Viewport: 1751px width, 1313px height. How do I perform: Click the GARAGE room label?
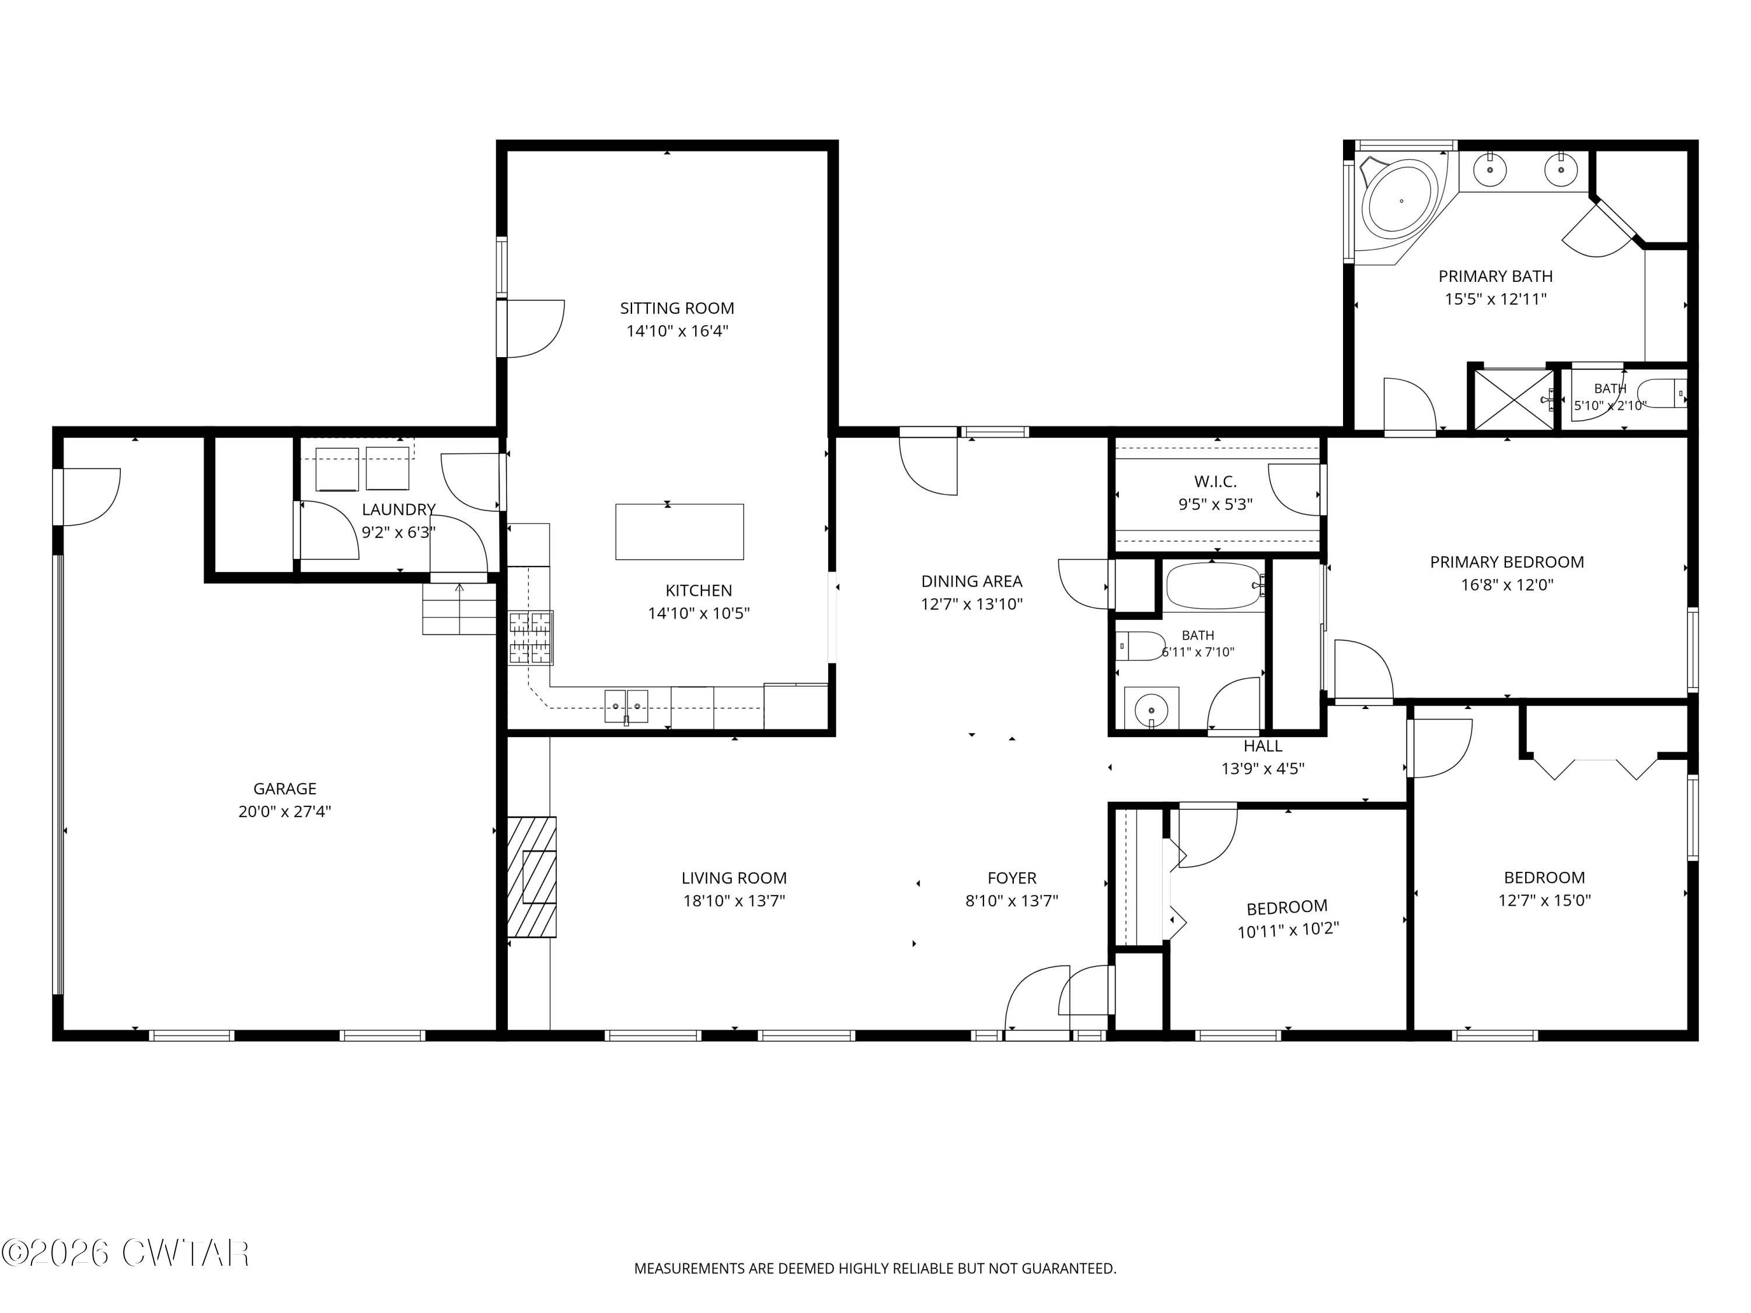(x=284, y=788)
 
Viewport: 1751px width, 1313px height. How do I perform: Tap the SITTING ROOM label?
(x=677, y=308)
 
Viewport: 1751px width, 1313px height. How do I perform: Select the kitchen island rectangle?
(x=679, y=532)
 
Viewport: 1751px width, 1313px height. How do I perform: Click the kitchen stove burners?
(x=531, y=638)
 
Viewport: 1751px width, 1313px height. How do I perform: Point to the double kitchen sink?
(x=626, y=706)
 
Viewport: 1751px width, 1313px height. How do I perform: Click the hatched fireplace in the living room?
(x=531, y=877)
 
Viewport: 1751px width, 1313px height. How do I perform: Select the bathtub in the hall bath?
(x=1213, y=586)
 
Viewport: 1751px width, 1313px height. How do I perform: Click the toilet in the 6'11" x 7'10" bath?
(x=1140, y=646)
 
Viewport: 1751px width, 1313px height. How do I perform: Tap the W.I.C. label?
(x=1215, y=481)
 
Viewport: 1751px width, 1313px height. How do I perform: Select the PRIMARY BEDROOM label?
(x=1506, y=562)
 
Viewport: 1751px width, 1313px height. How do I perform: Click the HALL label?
(x=1262, y=746)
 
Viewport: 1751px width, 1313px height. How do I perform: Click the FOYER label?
(x=1011, y=878)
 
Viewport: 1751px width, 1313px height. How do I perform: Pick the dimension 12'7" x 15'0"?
(x=1544, y=900)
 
